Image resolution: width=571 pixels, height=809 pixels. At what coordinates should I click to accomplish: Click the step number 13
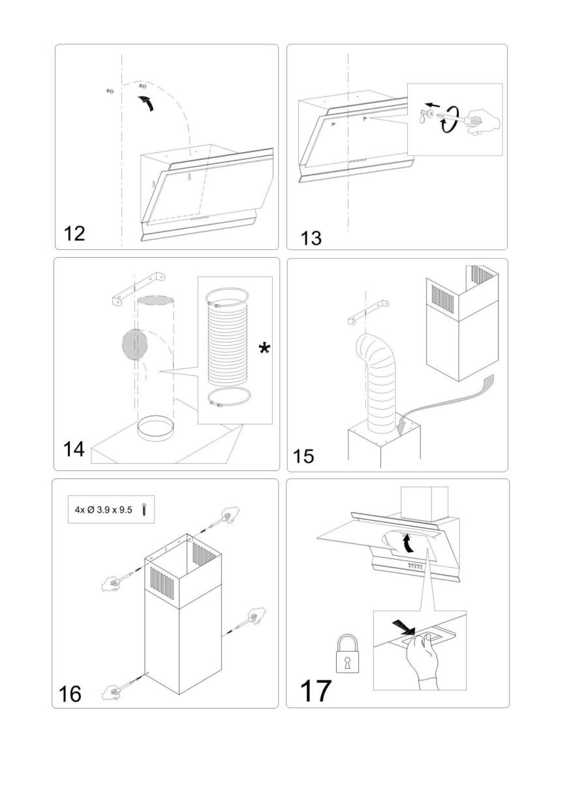[x=311, y=237]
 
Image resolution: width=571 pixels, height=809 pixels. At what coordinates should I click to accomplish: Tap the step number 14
[x=74, y=450]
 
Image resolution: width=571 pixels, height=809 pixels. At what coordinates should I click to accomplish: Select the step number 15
[x=303, y=455]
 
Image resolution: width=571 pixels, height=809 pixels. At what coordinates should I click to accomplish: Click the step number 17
[x=315, y=690]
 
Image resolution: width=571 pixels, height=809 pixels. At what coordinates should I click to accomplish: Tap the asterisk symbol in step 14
[x=264, y=349]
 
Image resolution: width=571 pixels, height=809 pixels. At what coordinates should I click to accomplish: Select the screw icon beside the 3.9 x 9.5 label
[x=144, y=510]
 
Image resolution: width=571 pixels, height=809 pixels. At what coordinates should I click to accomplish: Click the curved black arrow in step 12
[x=149, y=102]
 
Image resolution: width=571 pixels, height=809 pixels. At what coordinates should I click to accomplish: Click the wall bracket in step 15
[x=367, y=311]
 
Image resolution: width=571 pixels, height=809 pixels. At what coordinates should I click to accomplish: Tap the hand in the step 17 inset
[x=422, y=660]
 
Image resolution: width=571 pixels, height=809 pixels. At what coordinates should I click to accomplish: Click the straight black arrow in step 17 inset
[x=403, y=628]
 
